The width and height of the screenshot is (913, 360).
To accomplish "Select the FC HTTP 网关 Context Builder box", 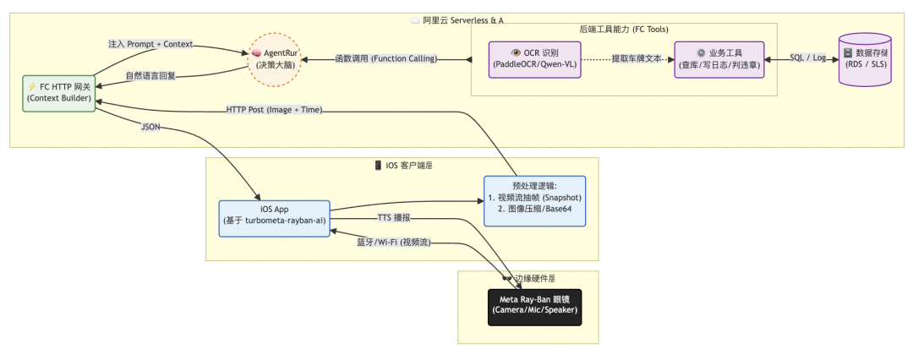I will [59, 92].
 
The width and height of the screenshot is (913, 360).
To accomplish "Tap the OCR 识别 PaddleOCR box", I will [536, 59].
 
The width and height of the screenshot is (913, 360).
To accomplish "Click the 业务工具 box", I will [719, 59].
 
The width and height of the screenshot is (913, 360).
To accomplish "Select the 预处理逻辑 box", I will [534, 201].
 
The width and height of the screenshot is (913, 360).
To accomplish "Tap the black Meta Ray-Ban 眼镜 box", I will [535, 304].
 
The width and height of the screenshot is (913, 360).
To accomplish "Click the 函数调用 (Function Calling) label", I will [385, 59].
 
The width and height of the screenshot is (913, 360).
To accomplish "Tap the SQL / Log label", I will [807, 57].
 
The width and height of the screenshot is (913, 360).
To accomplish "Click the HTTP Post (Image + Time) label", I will [274, 110].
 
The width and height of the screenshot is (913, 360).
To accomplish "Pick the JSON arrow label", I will [151, 128].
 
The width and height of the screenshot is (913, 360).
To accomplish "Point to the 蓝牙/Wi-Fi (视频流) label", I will [394, 243].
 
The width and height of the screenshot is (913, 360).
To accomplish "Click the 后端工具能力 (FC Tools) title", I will [623, 30].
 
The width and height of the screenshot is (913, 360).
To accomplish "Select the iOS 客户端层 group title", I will [403, 165].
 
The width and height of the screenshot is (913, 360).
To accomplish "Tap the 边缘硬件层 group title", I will [533, 278].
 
